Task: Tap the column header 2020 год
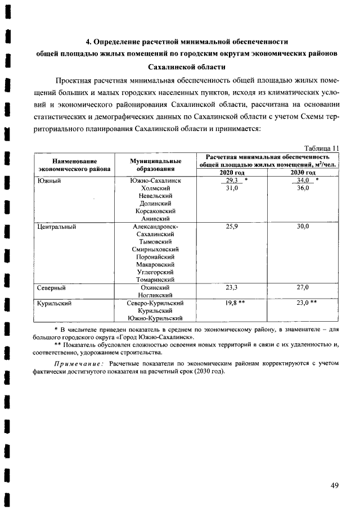click(x=232, y=173)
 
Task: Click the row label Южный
click(x=48, y=181)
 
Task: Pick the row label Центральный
click(x=56, y=226)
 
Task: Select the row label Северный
click(x=52, y=287)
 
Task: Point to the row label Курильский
click(x=55, y=303)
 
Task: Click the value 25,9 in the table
click(x=232, y=226)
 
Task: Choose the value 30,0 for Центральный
click(x=304, y=226)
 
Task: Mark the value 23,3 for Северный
click(x=232, y=287)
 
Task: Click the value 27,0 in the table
click(x=304, y=287)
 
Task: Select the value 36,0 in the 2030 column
click(x=304, y=188)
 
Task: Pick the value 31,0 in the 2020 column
click(x=232, y=188)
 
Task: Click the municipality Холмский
click(x=154, y=188)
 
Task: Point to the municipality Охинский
click(x=154, y=287)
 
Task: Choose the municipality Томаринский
click(x=154, y=280)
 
